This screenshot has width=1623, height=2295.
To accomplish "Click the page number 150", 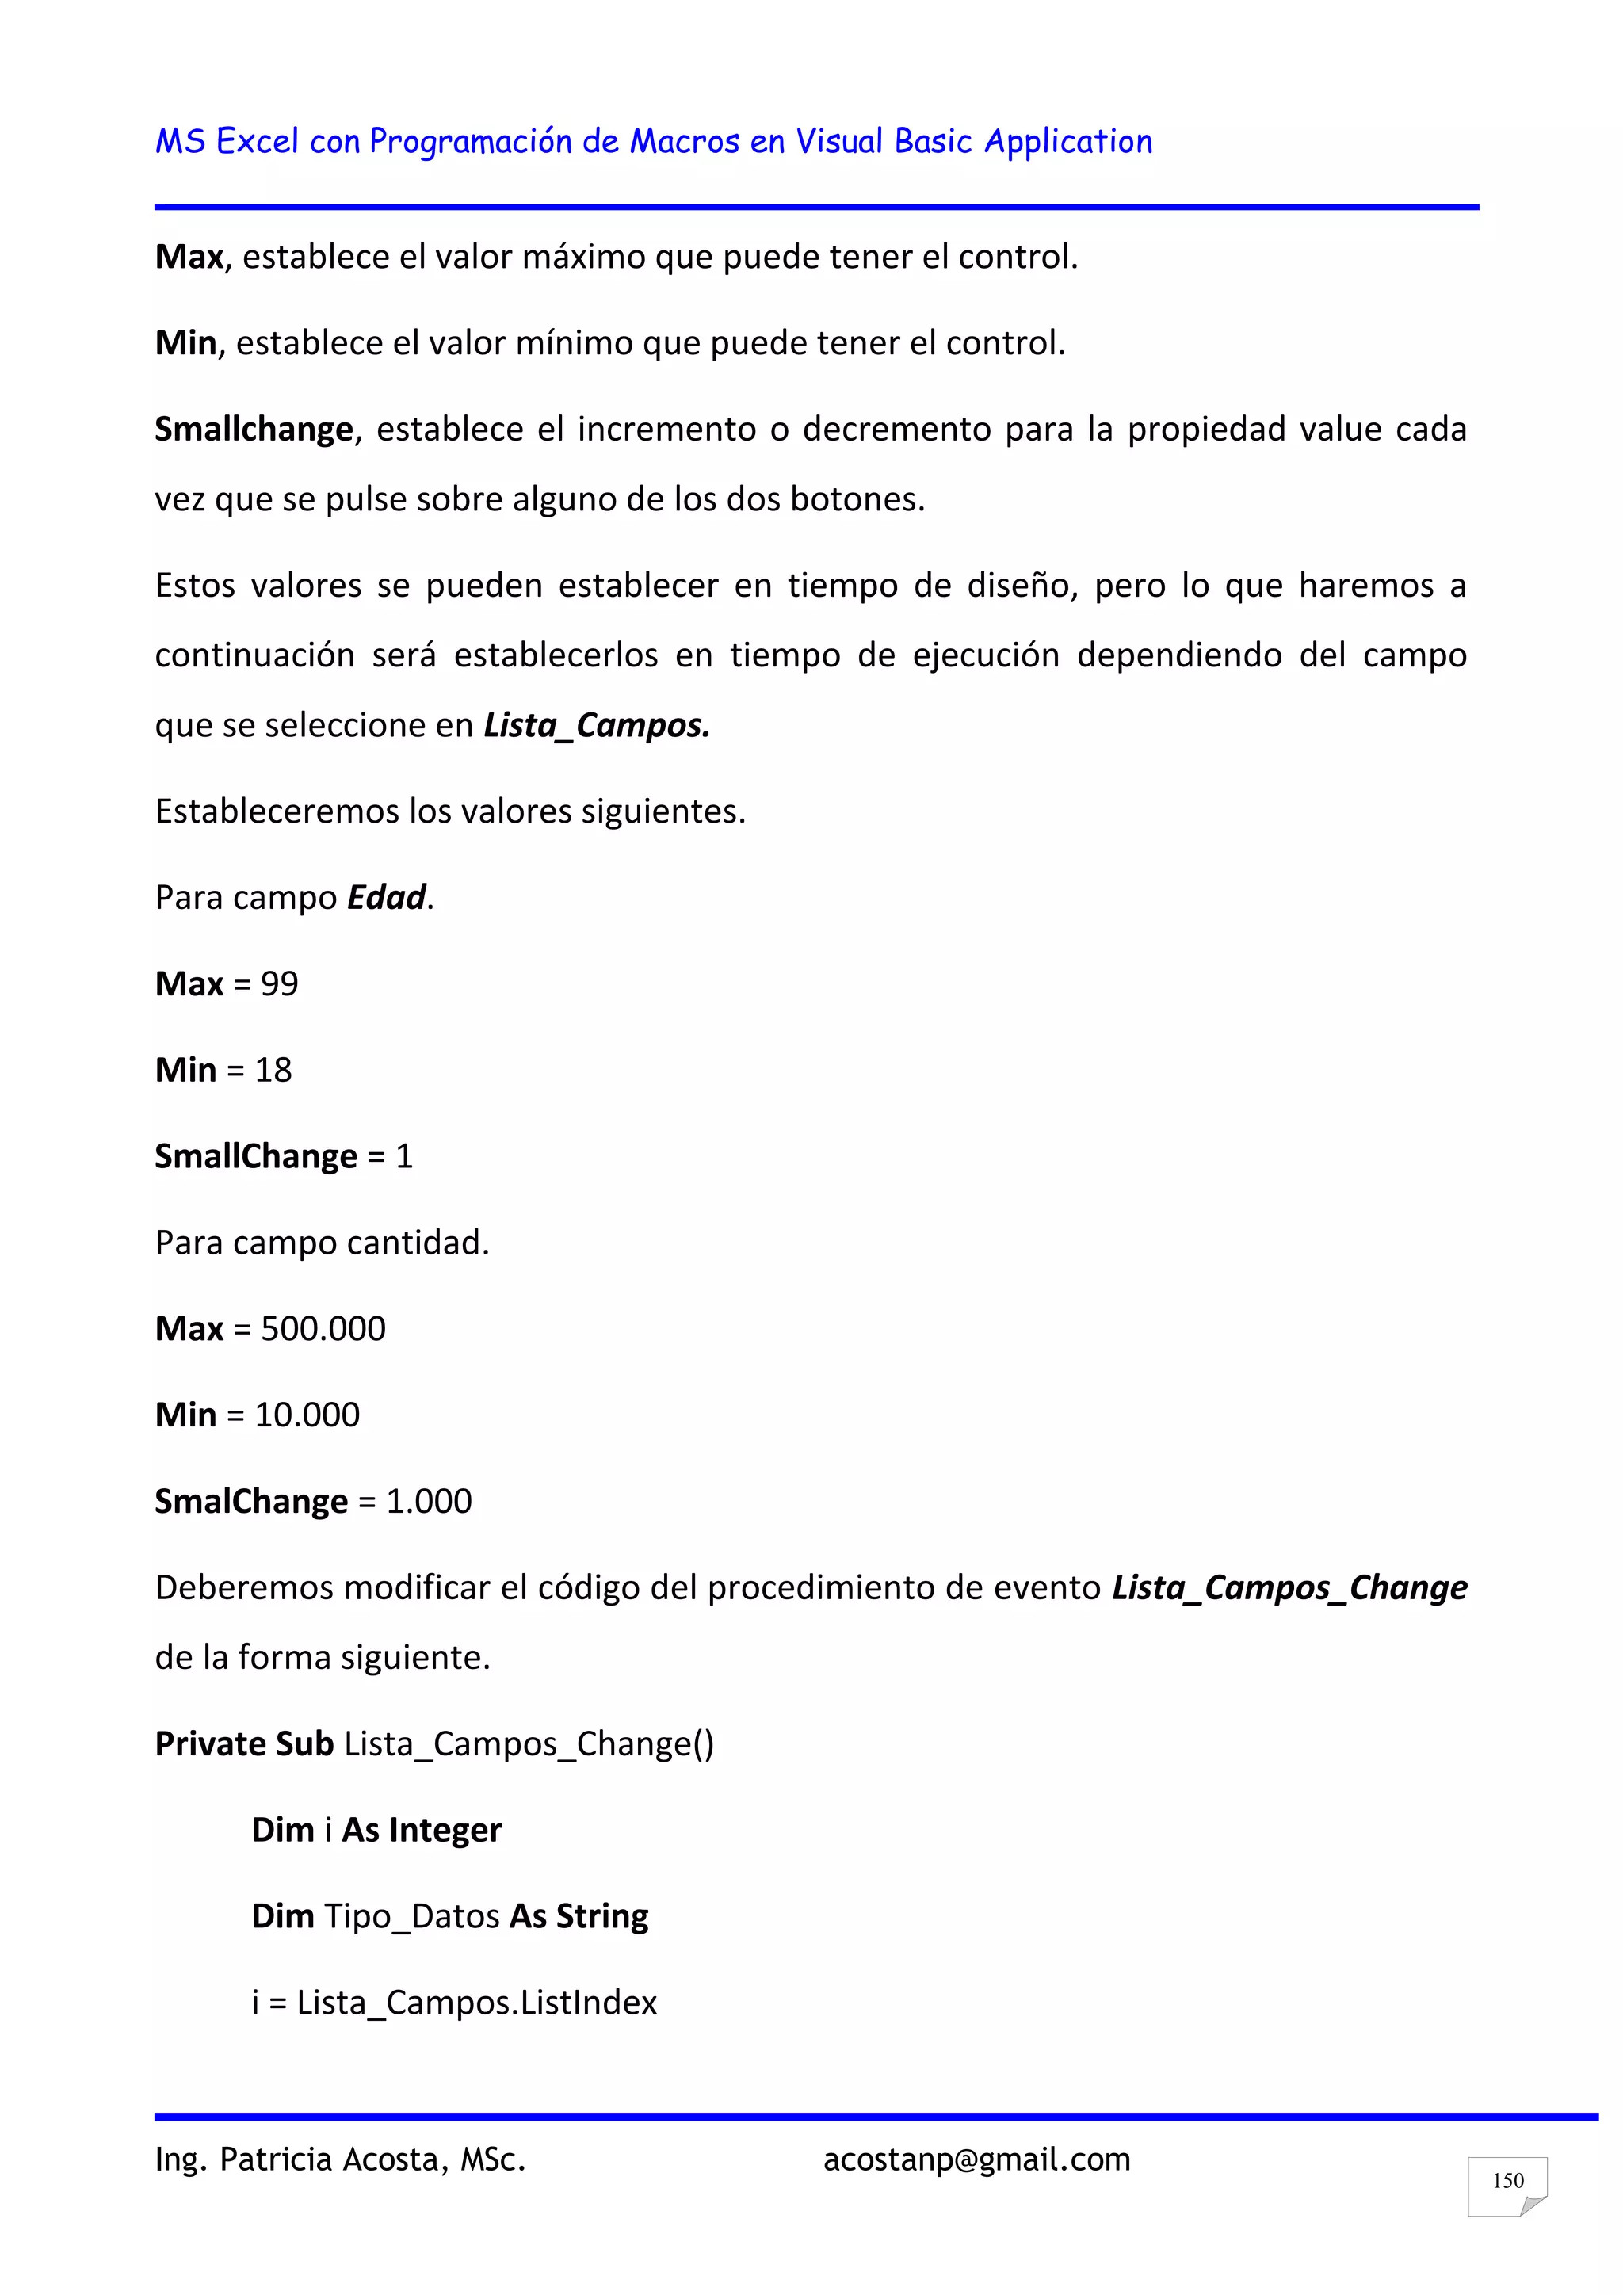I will coord(1507,2180).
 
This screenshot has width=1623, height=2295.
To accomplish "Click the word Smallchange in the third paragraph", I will coord(254,429).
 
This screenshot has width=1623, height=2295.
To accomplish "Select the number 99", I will coord(280,983).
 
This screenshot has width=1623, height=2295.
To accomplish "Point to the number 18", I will coord(273,1070).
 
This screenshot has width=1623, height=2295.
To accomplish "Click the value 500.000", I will coord(323,1328).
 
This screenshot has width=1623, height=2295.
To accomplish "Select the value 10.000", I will coord(307,1415).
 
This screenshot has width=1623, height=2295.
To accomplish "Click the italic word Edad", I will coord(387,896).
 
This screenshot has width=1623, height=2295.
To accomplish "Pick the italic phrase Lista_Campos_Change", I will coord(1289,1587).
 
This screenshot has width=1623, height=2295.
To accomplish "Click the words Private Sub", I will coord(244,1743).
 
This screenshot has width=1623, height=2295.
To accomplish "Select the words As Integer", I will coord(422,1829).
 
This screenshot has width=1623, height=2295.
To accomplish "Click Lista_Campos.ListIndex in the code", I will coord(477,2002).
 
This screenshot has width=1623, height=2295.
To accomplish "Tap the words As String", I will coord(579,1916).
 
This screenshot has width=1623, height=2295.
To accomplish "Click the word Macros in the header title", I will coord(685,141).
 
